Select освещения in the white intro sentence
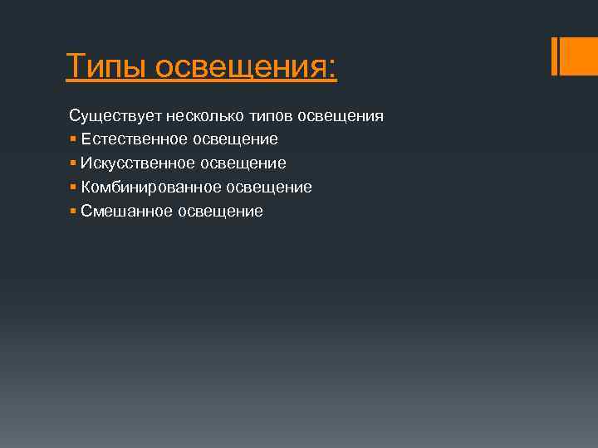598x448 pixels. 342,116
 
